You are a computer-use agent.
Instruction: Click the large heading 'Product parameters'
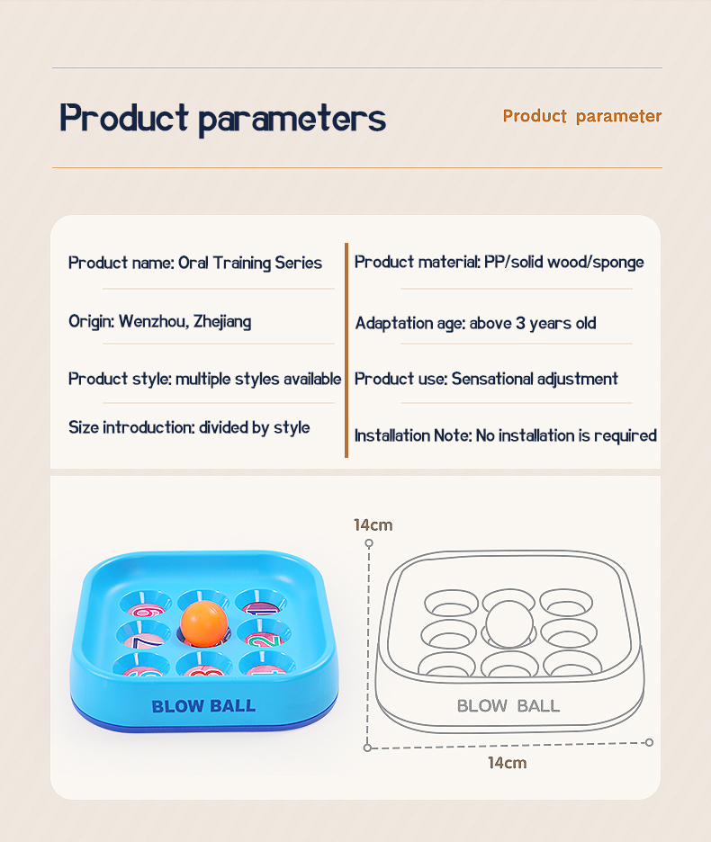(222, 118)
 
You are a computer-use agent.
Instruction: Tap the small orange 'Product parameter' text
(582, 116)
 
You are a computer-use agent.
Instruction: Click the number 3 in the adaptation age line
(520, 323)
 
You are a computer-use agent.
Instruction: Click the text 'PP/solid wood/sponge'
(563, 263)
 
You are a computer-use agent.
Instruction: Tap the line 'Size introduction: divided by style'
(189, 427)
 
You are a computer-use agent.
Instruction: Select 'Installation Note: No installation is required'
(505, 435)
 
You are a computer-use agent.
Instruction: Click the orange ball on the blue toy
(204, 623)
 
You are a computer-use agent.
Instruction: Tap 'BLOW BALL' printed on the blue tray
(203, 706)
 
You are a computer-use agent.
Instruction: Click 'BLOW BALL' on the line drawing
(508, 705)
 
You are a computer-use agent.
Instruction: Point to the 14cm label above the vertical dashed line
(373, 525)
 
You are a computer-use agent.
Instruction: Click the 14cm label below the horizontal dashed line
(507, 763)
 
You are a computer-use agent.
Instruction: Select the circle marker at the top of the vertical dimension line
(369, 543)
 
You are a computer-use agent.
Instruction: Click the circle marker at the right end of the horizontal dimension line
(649, 743)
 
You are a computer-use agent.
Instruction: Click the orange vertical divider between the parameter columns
(346, 350)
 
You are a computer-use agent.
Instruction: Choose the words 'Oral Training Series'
(250, 263)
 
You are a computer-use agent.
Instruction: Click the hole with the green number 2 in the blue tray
(263, 633)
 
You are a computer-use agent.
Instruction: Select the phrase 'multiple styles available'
(258, 379)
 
